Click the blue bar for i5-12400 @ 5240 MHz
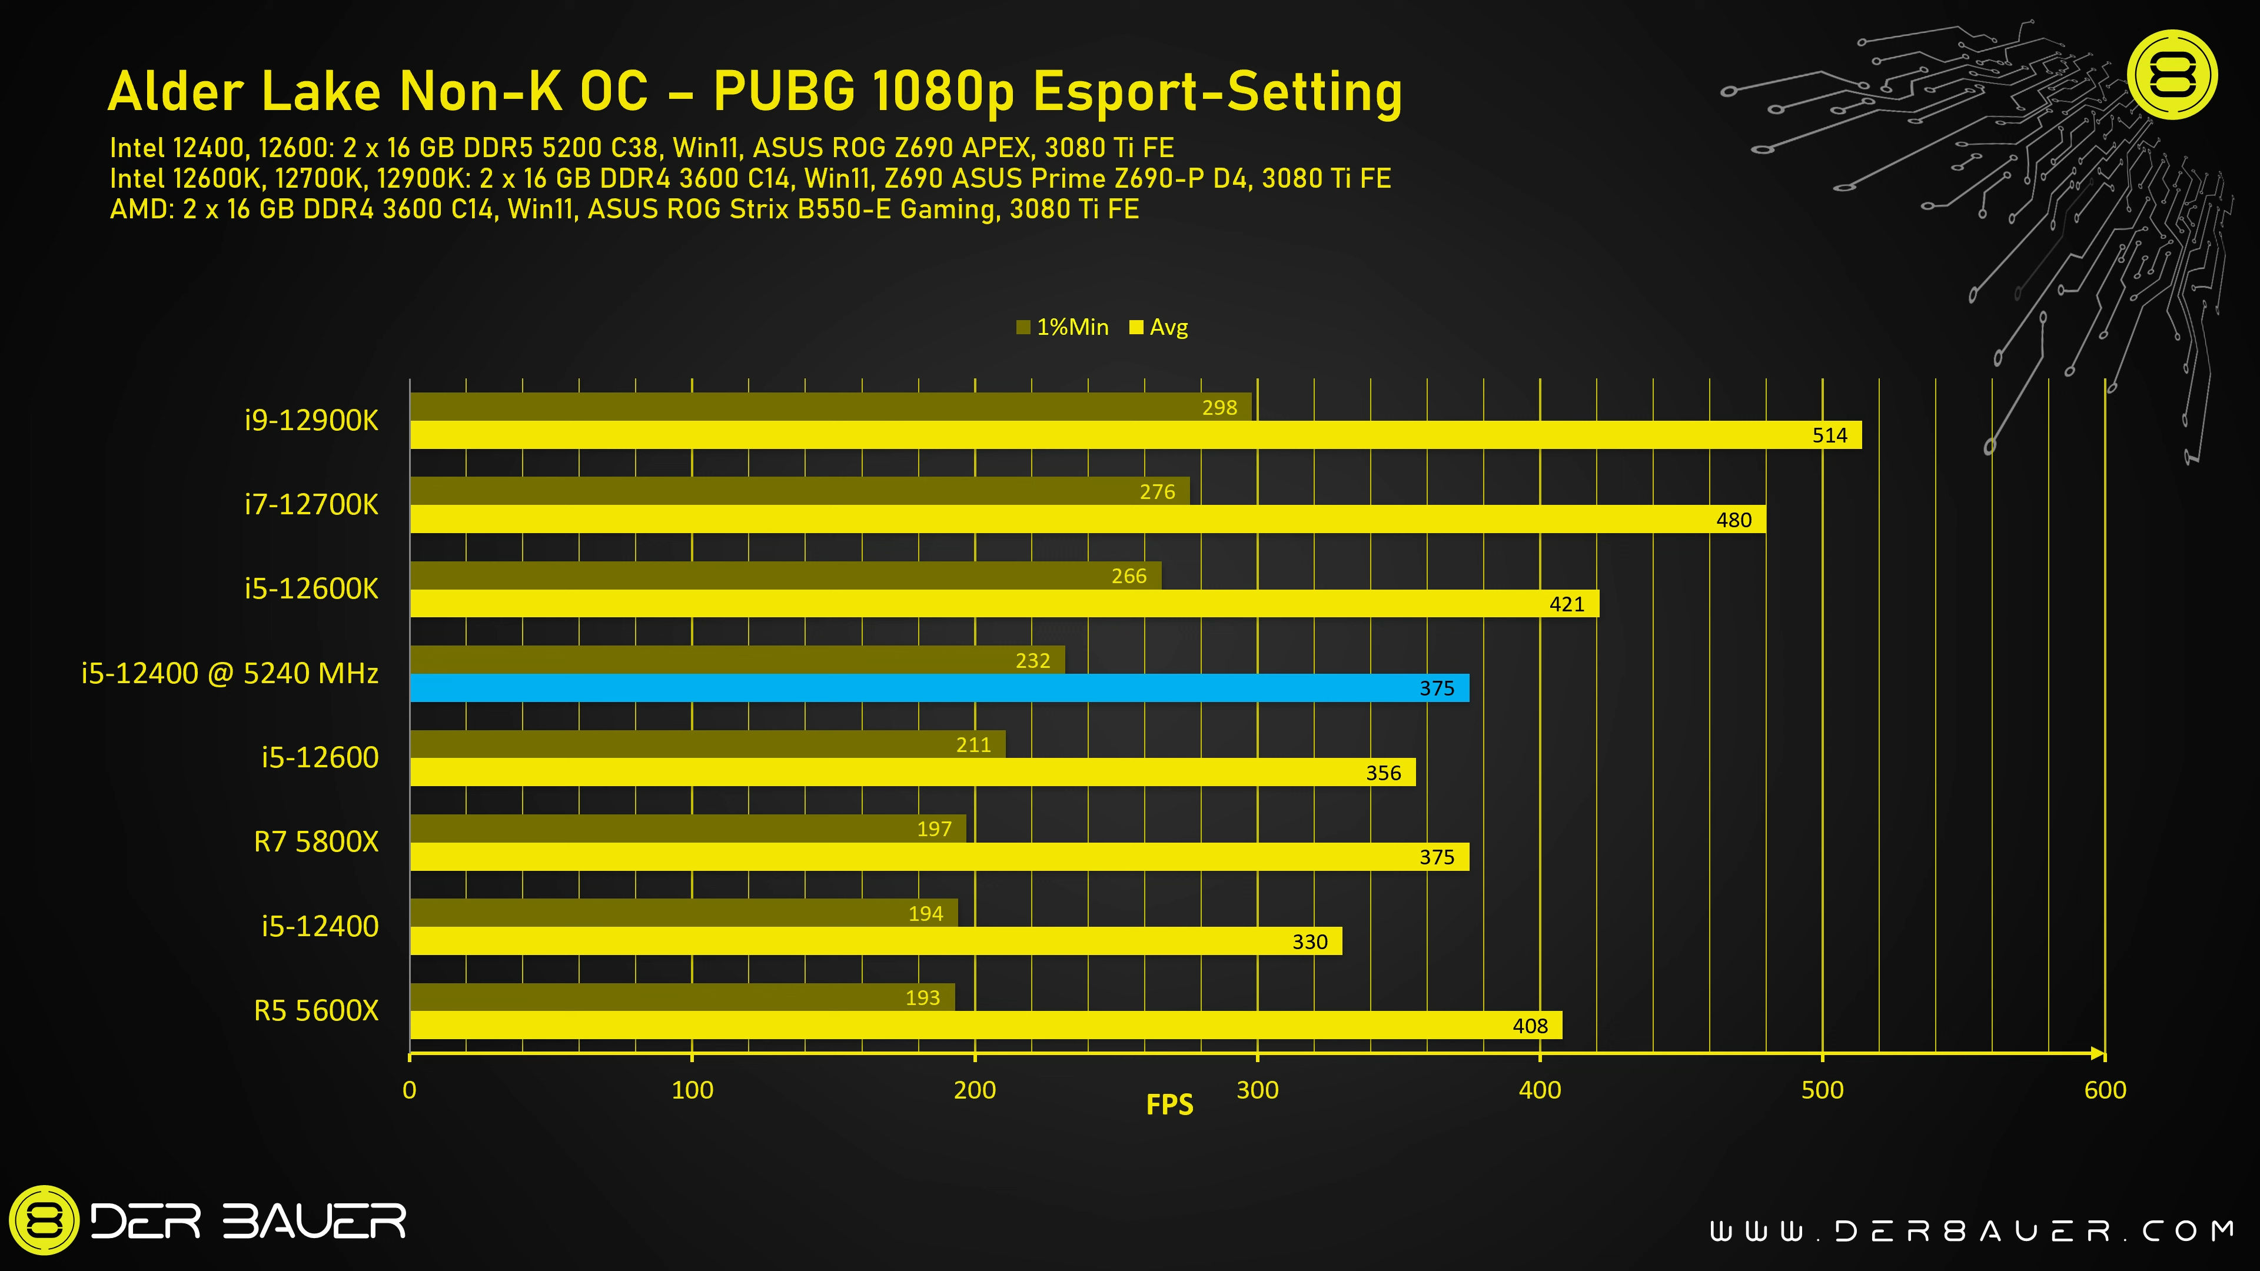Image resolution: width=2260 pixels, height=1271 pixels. pyautogui.click(x=939, y=688)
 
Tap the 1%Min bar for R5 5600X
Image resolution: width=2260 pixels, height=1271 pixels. pyautogui.click(x=682, y=997)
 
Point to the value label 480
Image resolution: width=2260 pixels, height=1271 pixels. pyautogui.click(x=1734, y=520)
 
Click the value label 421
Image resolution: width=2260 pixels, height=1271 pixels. pyautogui.click(x=1567, y=604)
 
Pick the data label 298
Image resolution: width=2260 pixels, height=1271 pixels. pyautogui.click(x=1219, y=408)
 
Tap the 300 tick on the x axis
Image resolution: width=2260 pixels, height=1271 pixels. pyautogui.click(x=1257, y=1090)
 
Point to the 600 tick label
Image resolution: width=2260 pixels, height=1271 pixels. pyautogui.click(x=2105, y=1090)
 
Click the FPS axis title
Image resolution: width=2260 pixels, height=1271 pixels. pyautogui.click(x=1169, y=1104)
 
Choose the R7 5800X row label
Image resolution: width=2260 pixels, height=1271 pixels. pyautogui.click(x=316, y=842)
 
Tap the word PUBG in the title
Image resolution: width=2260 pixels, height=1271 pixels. pyautogui.click(x=783, y=91)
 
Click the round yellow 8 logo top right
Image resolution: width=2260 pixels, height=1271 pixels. pyautogui.click(x=2173, y=75)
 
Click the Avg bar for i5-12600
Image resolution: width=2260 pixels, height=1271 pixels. pyautogui.click(x=912, y=773)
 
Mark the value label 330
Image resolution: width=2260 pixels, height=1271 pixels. pyautogui.click(x=1310, y=942)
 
